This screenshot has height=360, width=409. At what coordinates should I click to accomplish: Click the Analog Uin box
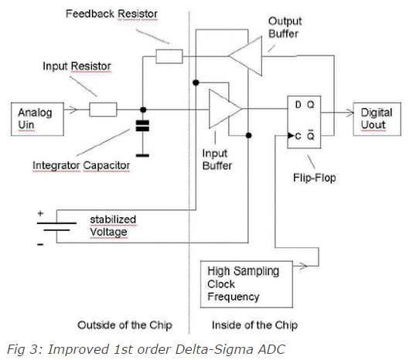coord(37,119)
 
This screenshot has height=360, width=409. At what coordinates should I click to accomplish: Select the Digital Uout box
coord(377,119)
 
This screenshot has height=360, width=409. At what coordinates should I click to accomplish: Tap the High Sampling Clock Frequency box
coord(247,284)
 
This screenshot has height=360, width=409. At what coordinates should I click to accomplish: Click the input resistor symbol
coord(103,110)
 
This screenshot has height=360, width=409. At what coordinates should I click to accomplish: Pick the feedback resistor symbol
coord(169,56)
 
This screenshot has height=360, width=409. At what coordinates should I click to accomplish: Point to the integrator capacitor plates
coord(143,126)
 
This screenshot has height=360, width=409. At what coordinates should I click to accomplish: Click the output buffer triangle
coord(245,56)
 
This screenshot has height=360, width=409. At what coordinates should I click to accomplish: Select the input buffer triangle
coord(225,109)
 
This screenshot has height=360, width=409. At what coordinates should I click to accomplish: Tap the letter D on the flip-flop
coord(298,105)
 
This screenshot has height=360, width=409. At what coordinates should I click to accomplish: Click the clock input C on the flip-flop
coord(298,136)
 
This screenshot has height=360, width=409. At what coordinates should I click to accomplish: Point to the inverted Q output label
coord(311,134)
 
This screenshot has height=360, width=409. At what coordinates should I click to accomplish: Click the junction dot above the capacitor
coord(143,110)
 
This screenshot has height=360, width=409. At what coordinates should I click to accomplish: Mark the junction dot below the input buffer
coord(249,135)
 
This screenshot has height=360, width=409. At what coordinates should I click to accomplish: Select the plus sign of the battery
coord(40,213)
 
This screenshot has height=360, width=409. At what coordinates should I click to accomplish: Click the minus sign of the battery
coord(40,245)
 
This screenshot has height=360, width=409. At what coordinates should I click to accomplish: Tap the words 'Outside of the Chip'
coord(124,325)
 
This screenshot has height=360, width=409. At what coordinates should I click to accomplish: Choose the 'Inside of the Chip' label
coord(255,325)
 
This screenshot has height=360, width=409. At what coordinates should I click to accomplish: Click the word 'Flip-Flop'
coord(315,178)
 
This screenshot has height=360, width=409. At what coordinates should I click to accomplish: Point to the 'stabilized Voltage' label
coord(113,226)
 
